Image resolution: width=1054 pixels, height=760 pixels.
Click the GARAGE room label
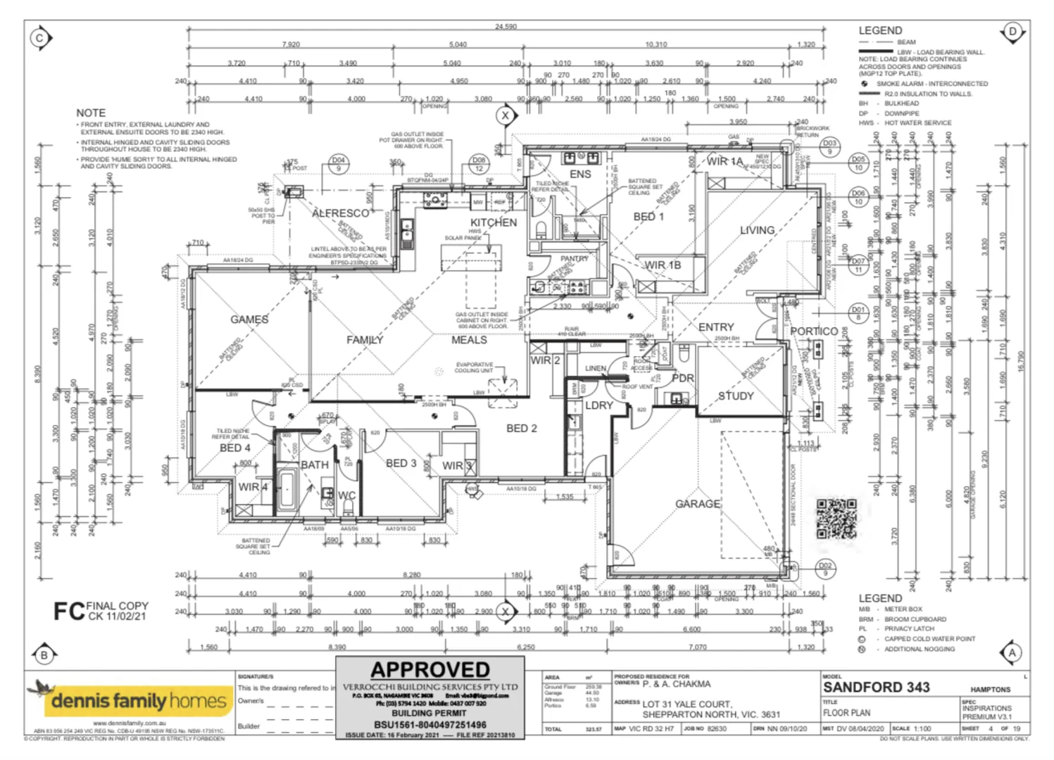[x=697, y=504]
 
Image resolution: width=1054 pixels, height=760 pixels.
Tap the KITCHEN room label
[x=493, y=222]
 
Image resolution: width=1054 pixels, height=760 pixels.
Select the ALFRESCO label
[x=340, y=213]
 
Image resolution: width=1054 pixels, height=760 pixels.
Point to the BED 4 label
[x=234, y=448]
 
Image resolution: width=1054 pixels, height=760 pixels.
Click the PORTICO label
[x=813, y=331]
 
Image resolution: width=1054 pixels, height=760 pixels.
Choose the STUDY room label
[x=735, y=396]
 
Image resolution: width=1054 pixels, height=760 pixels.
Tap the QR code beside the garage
[x=836, y=519]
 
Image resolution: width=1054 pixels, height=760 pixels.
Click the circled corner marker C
[x=39, y=39]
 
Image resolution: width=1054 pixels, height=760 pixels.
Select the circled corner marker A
[x=1012, y=652]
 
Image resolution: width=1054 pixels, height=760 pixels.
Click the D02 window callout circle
[x=825, y=569]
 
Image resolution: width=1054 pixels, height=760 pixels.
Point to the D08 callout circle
[x=479, y=164]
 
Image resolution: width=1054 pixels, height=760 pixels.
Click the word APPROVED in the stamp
[x=430, y=669]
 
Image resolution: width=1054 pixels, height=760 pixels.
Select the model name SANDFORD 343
[x=876, y=687]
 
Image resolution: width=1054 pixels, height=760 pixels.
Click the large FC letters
[x=69, y=611]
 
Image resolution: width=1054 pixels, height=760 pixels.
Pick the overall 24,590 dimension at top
[x=506, y=27]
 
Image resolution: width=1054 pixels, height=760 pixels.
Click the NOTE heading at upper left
[x=91, y=113]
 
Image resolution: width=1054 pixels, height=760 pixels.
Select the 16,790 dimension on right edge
[x=1022, y=361]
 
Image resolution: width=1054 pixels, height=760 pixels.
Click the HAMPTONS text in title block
[x=990, y=690]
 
